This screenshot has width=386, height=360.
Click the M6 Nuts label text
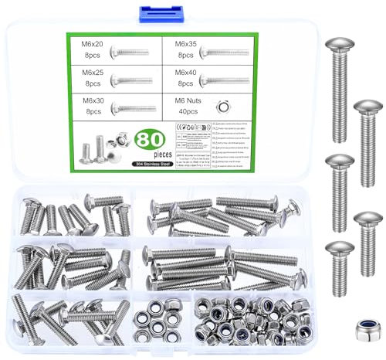click(x=185, y=100)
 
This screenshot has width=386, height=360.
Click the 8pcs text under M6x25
click(x=92, y=82)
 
